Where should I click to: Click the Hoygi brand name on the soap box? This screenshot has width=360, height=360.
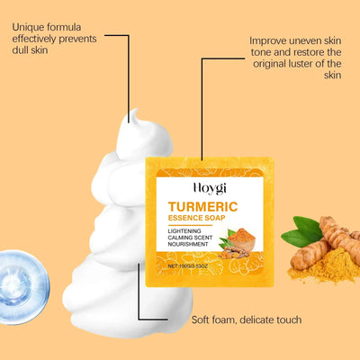(x=208, y=191)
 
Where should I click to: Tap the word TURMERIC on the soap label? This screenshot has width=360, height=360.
(x=208, y=207)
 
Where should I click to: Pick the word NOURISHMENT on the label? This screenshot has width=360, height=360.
(x=191, y=247)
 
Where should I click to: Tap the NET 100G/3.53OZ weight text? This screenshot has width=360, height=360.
(x=193, y=267)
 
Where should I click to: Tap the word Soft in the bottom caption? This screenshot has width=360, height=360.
(x=202, y=319)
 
